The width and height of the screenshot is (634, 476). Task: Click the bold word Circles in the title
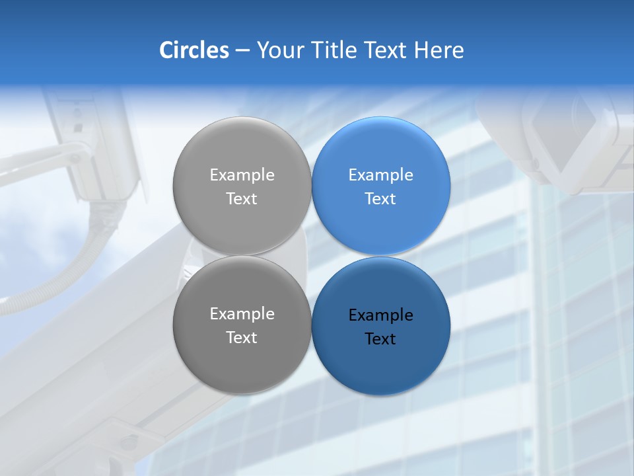click(x=194, y=50)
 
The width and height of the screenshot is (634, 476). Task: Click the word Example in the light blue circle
click(x=381, y=175)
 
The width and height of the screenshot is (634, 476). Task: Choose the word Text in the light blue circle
click(x=381, y=199)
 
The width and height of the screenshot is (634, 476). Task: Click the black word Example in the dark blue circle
click(x=381, y=315)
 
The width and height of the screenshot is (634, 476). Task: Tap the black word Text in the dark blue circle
click(x=381, y=339)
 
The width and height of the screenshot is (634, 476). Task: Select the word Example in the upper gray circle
click(x=242, y=175)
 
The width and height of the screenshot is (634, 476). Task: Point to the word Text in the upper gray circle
click(x=242, y=199)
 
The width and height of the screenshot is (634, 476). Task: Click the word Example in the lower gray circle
click(x=242, y=314)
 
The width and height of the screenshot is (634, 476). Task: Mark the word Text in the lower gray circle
click(x=242, y=338)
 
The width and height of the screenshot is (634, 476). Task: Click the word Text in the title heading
click(x=386, y=50)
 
